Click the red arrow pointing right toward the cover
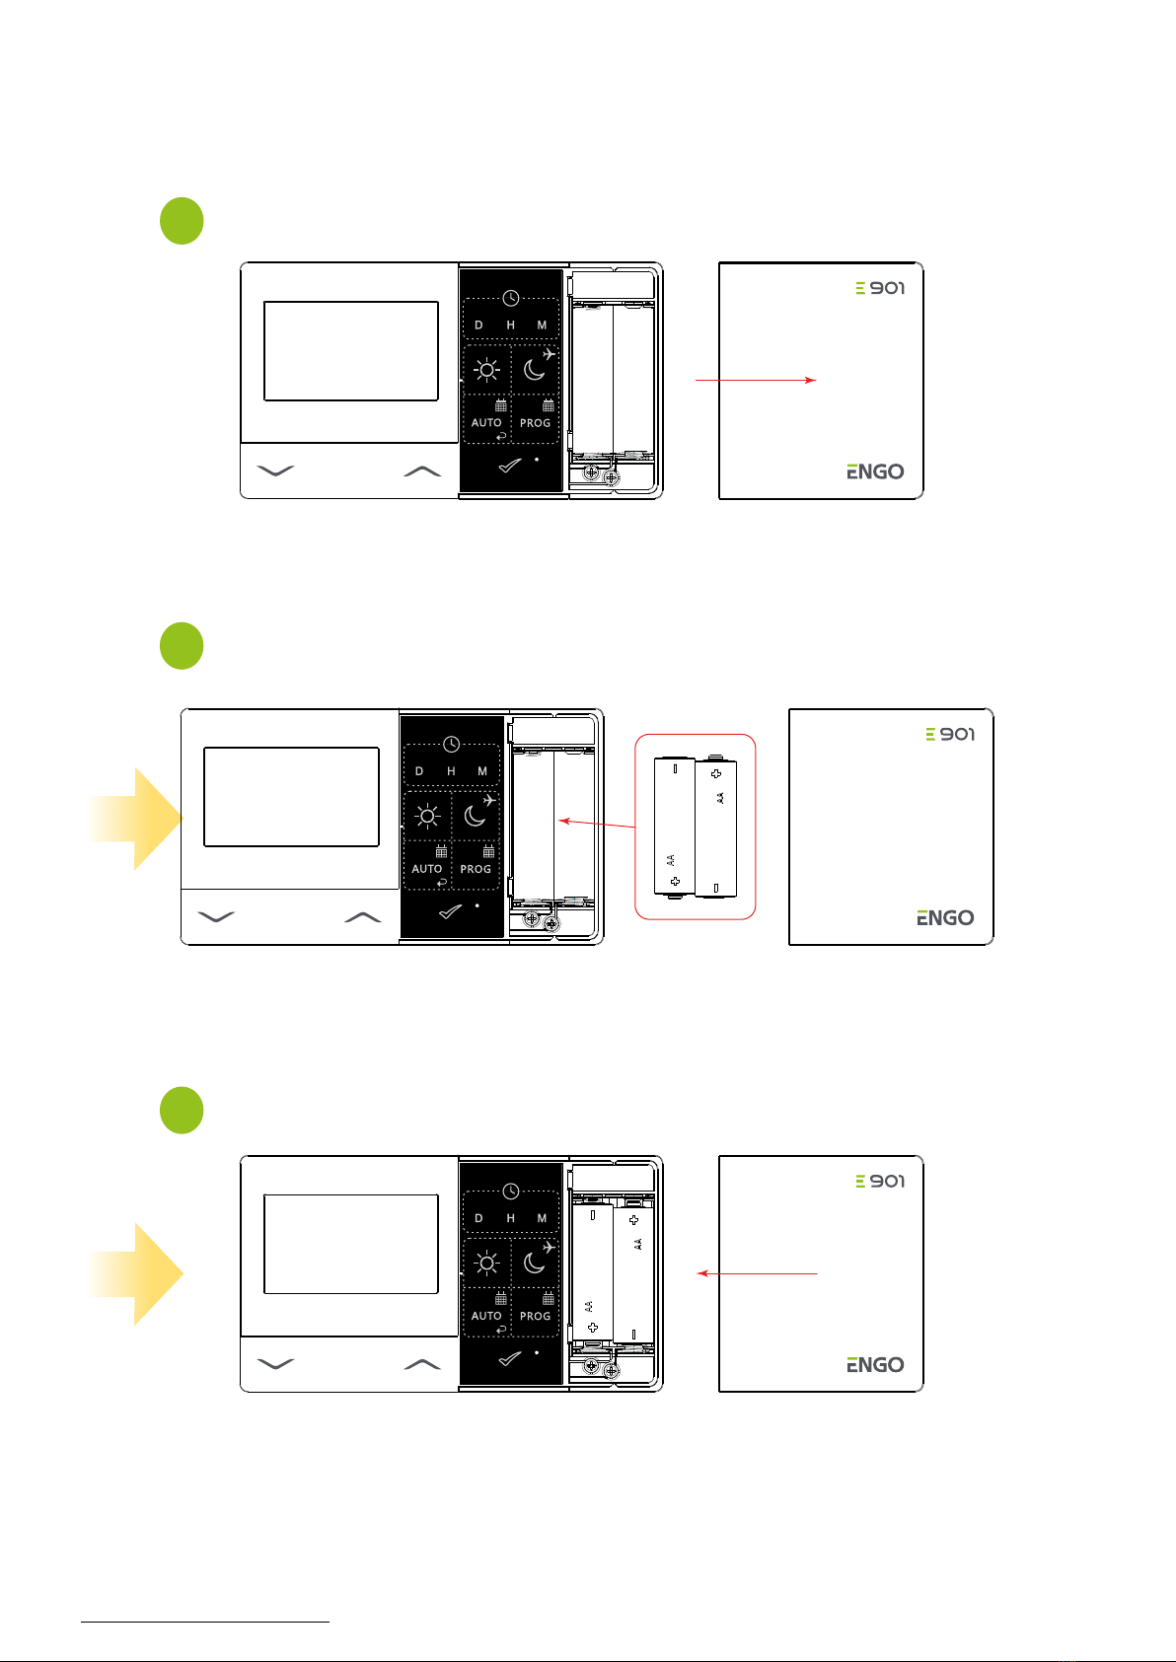[756, 380]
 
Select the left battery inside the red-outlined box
[675, 827]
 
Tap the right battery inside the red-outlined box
[716, 827]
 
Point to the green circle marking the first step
[182, 221]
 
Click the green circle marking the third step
[182, 1110]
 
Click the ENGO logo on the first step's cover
[875, 471]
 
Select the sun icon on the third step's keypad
[486, 1263]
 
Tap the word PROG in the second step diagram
[476, 869]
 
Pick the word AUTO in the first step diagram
[486, 423]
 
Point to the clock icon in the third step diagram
[511, 1191]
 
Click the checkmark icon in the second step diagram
[450, 911]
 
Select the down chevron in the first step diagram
[275, 470]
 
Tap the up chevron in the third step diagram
[422, 1364]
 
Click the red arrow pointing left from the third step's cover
[757, 1273]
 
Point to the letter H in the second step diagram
[451, 771]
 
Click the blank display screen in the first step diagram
[351, 351]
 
